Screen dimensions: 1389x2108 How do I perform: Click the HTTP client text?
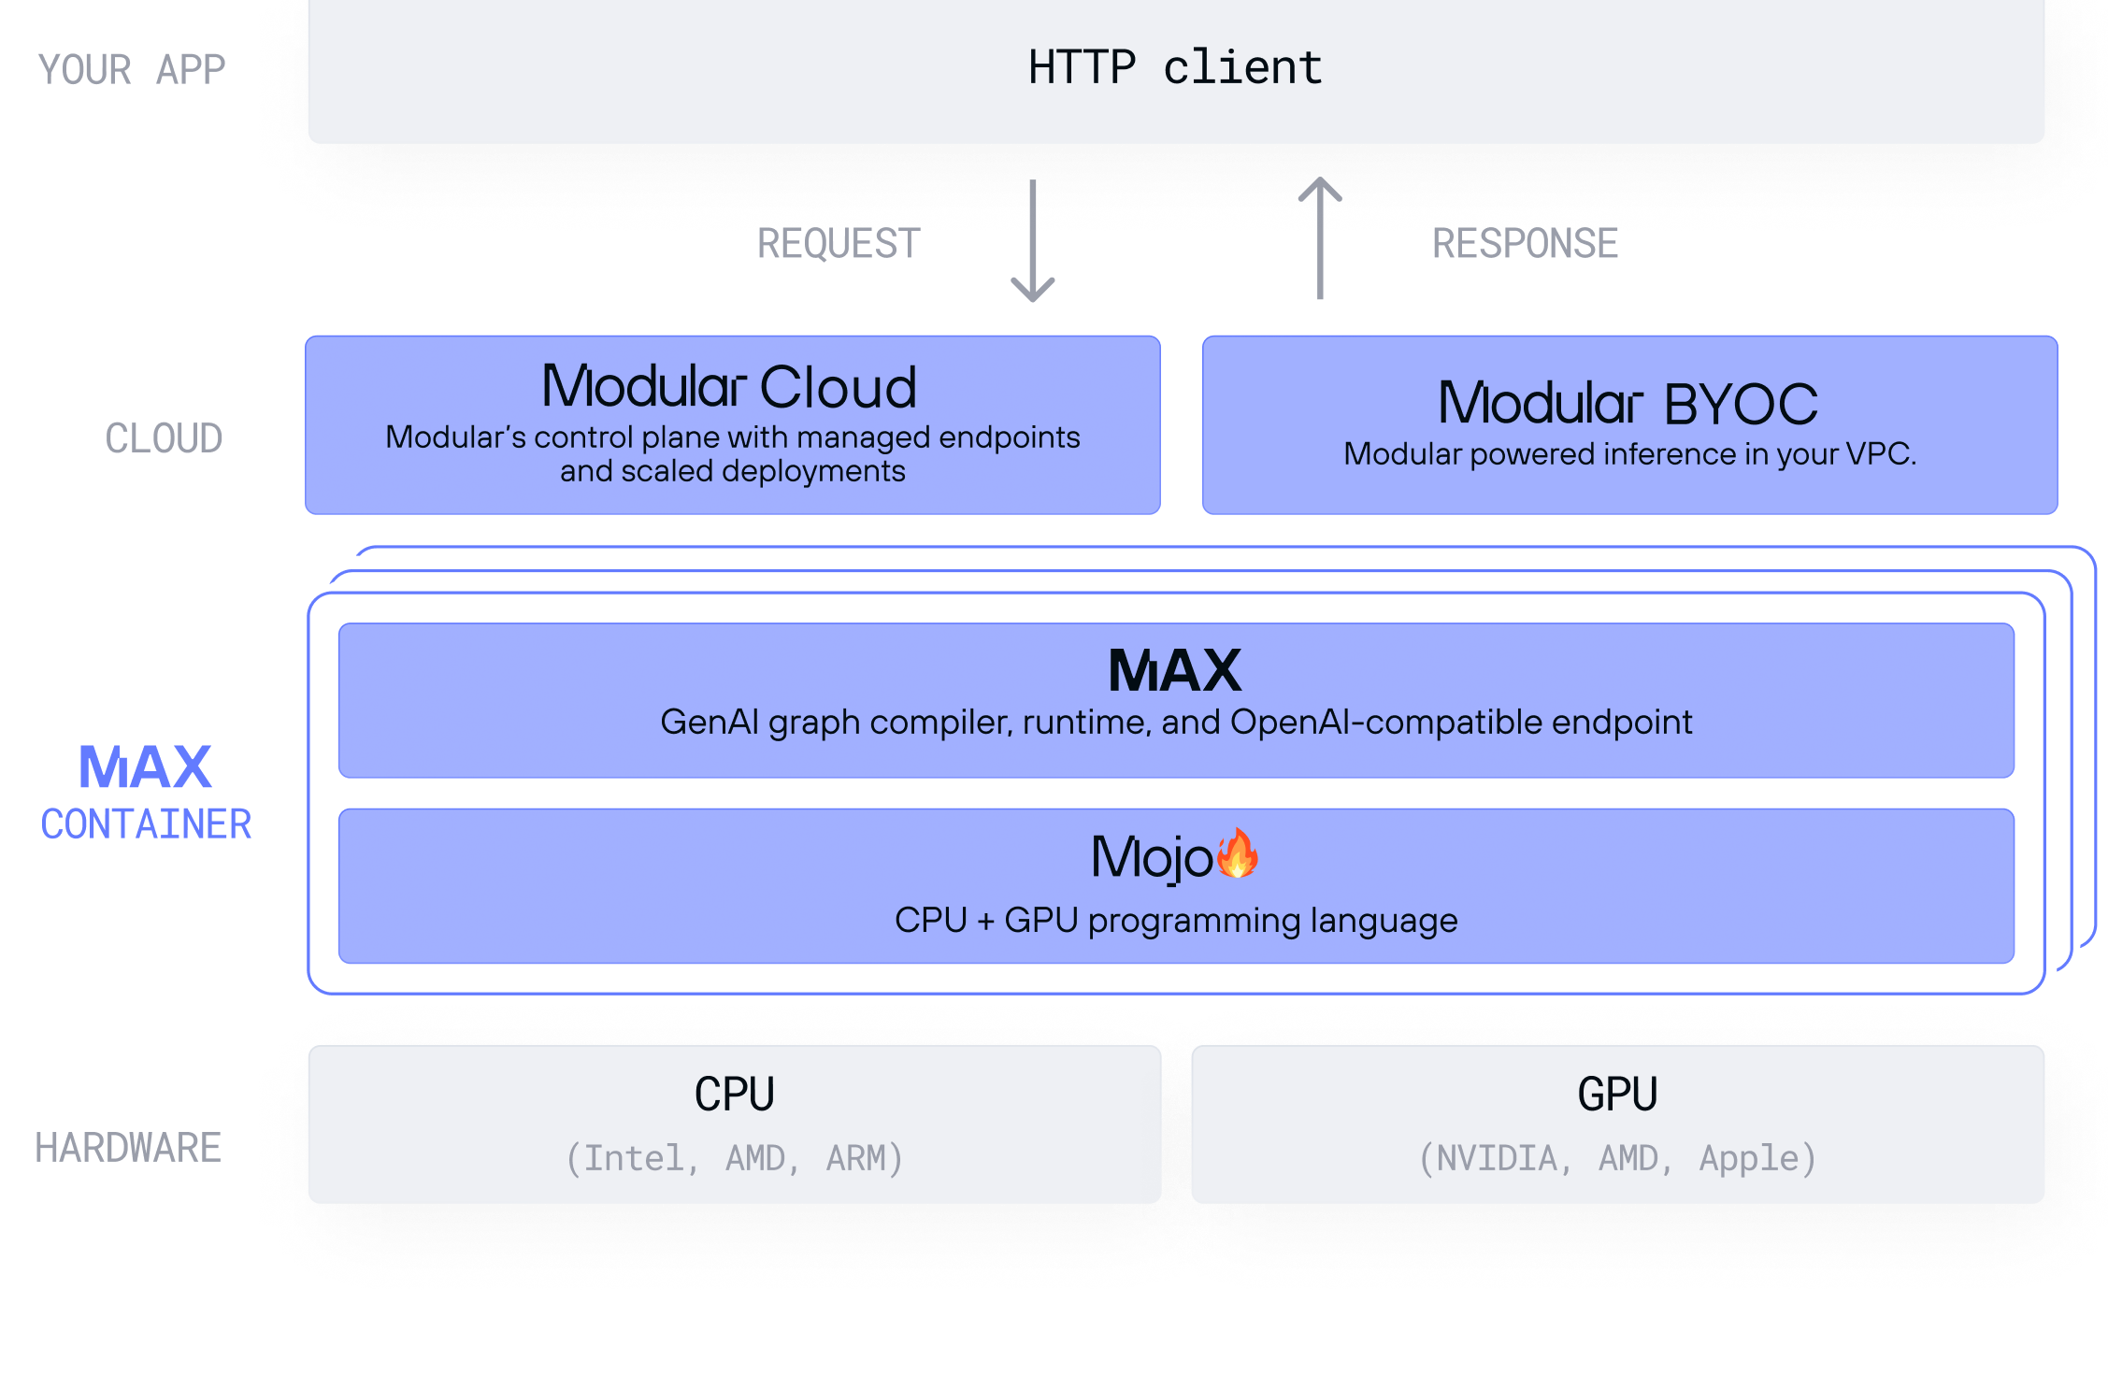coord(1175,68)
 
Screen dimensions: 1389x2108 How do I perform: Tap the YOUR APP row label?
coord(131,70)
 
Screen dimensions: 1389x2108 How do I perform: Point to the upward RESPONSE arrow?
coord(1320,238)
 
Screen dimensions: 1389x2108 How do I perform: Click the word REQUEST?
coord(836,244)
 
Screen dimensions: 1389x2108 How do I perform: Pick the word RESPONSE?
coord(1525,244)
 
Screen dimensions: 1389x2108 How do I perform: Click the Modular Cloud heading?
coord(729,386)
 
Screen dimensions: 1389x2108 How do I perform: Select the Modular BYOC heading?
coord(1628,403)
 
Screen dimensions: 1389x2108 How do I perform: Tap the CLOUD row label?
coord(164,438)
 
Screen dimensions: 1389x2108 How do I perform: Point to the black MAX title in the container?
coord(1174,670)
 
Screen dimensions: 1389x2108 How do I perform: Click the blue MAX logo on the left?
coord(145,767)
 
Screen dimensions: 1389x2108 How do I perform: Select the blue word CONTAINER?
coord(146,824)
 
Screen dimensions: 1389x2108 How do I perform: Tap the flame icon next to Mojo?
coord(1238,853)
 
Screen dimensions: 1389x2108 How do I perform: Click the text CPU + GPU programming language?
coord(1175,921)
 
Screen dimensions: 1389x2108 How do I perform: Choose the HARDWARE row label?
coord(128,1148)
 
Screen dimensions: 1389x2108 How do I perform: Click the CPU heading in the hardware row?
coord(734,1095)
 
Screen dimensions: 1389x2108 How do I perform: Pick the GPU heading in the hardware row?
coord(1617,1095)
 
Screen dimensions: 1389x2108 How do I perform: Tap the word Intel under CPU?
coord(633,1158)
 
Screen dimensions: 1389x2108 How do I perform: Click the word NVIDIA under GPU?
coord(1497,1158)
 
